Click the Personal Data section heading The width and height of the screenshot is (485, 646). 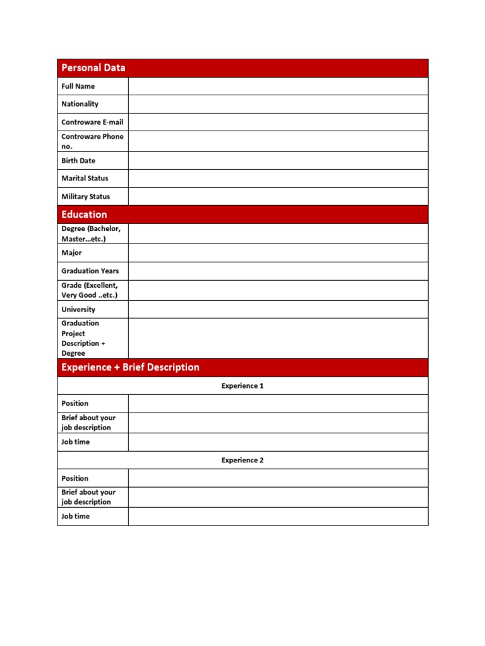tap(93, 68)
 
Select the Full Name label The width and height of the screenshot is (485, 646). tap(78, 86)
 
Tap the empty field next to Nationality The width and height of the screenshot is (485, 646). tap(278, 104)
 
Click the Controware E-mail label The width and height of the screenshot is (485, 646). tap(92, 122)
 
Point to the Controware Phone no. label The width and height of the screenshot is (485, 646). tap(92, 141)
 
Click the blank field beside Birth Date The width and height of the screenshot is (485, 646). tap(278, 161)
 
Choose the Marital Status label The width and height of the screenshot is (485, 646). tap(85, 178)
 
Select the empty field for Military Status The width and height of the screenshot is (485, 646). tap(278, 196)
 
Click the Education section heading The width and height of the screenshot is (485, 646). tap(84, 214)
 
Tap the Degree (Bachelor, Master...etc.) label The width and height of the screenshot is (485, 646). tap(91, 233)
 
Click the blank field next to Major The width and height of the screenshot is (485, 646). tap(278, 253)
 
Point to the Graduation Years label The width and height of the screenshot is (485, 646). tap(90, 271)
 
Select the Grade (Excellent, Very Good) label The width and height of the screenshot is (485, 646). tap(90, 290)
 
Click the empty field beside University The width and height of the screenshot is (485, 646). tap(278, 309)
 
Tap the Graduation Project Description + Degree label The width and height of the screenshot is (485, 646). tap(83, 338)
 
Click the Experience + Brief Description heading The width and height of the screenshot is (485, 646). tap(130, 367)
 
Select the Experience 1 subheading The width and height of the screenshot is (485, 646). tap(242, 385)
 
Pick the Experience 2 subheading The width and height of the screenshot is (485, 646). tap(242, 460)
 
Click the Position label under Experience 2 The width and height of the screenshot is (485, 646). tap(75, 478)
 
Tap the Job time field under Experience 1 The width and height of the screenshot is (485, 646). tap(278, 442)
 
